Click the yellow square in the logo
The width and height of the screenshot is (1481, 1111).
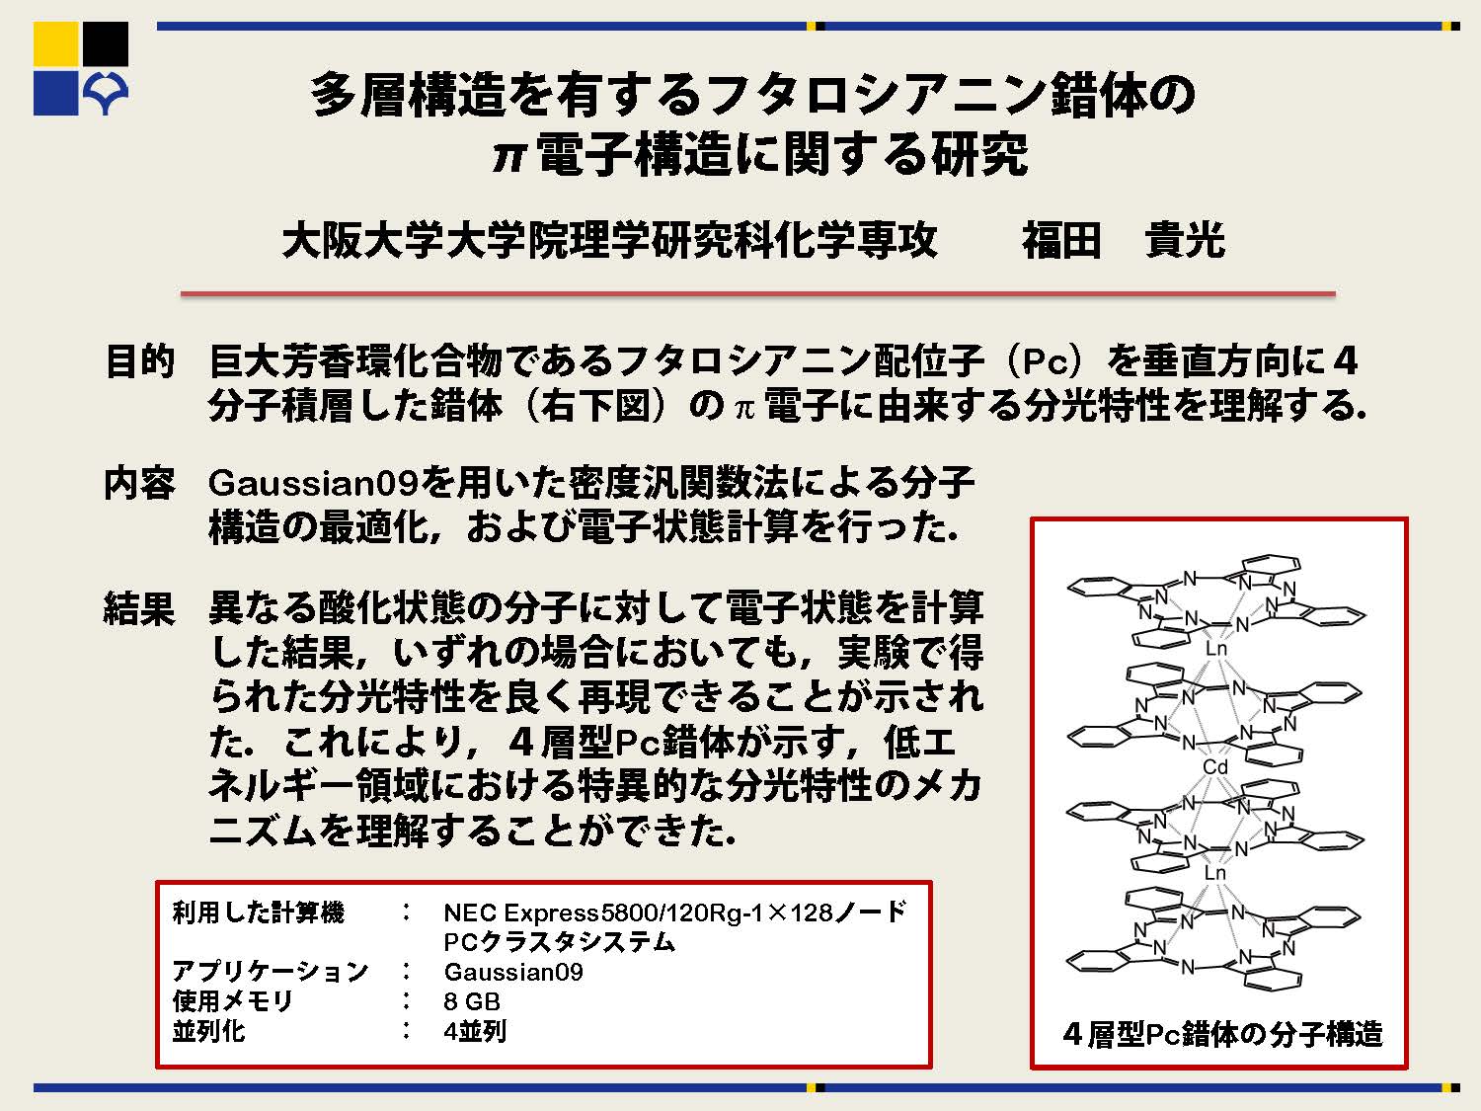click(x=56, y=43)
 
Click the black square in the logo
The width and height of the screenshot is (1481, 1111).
click(x=106, y=43)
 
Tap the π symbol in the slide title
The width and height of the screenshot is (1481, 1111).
click(x=508, y=157)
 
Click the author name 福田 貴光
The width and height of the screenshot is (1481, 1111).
click(x=1124, y=240)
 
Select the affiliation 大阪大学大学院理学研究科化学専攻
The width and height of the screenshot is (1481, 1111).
click(x=610, y=240)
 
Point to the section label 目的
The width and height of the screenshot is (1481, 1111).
click(x=139, y=360)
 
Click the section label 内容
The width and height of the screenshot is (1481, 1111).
click(x=139, y=483)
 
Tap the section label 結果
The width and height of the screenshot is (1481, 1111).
click(x=139, y=607)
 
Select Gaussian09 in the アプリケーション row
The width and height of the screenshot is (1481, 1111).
click(x=513, y=972)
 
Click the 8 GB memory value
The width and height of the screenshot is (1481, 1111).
click(x=472, y=1001)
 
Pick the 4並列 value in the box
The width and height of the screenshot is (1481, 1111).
click(x=475, y=1031)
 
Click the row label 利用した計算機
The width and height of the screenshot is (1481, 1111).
click(x=259, y=913)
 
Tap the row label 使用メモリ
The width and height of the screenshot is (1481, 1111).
click(x=233, y=1001)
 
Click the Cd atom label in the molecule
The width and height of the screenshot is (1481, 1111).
click(x=1215, y=767)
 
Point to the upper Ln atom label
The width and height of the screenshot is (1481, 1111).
click(x=1215, y=649)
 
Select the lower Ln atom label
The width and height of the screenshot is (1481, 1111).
click(x=1215, y=873)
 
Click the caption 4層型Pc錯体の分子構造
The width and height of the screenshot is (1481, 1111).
click(x=1222, y=1033)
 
